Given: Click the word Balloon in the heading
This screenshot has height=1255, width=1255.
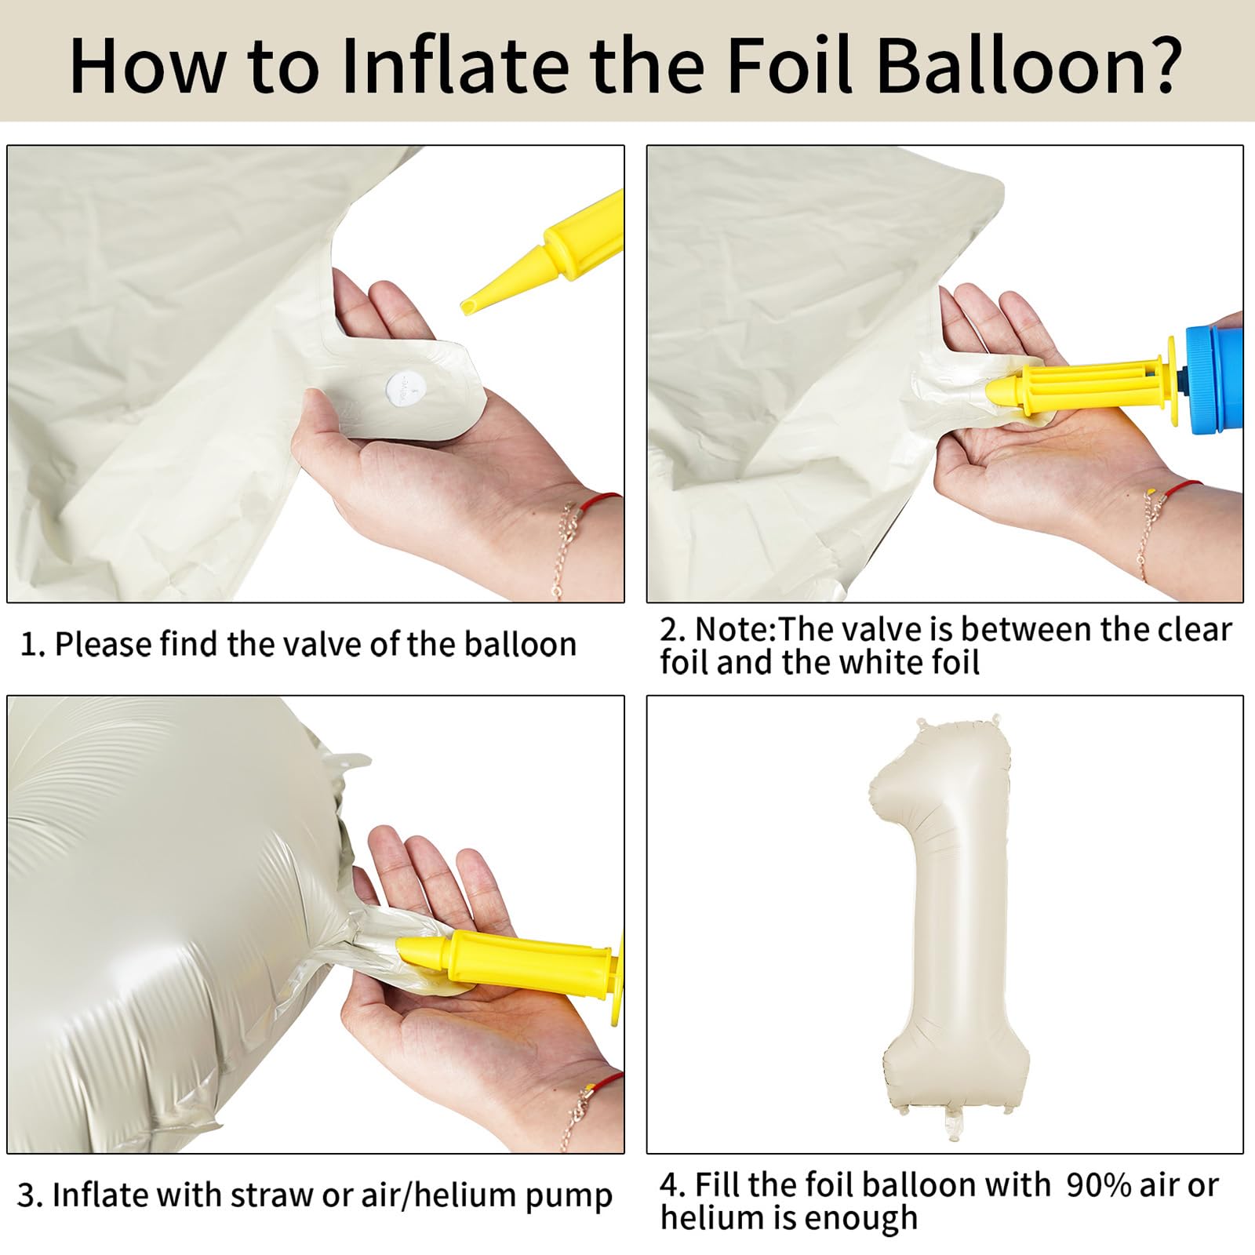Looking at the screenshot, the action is coord(1006,65).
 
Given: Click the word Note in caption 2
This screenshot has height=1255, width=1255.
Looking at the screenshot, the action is coord(733,630).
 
